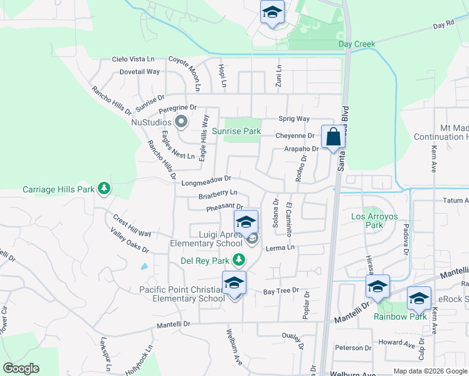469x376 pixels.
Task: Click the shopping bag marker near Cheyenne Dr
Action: point(332,136)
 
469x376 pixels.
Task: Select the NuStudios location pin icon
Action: point(182,122)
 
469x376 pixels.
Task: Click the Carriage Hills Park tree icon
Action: point(103,189)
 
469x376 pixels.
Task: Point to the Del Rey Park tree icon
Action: point(238,259)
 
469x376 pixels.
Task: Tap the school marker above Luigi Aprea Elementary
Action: point(246,221)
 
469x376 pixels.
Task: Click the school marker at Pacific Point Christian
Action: point(234,283)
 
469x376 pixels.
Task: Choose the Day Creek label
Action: point(357,44)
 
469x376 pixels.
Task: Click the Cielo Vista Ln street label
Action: point(133,59)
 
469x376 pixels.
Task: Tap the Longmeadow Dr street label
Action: point(206,181)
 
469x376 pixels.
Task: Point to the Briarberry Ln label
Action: point(218,194)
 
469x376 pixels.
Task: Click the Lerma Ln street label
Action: point(280,248)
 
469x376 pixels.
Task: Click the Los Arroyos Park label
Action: point(367,221)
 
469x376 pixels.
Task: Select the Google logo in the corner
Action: point(21,368)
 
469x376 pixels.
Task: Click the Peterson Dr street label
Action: point(354,348)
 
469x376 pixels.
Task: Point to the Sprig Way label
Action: point(294,118)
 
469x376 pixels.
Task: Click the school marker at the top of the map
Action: point(272,12)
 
